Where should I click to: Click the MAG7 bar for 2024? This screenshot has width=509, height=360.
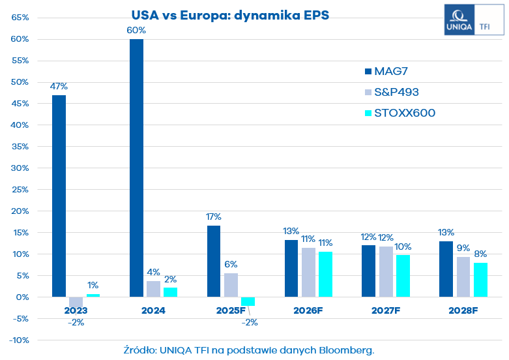tap(136, 168)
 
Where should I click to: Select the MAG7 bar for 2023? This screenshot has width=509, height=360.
tap(59, 196)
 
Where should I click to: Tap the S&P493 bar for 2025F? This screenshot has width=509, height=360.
tap(231, 285)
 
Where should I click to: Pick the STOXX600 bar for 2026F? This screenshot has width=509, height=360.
tap(325, 274)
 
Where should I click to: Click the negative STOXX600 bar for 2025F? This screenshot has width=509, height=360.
tap(248, 301)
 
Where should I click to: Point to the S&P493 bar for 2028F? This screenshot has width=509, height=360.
tap(463, 277)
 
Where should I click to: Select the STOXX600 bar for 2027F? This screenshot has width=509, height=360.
tap(403, 276)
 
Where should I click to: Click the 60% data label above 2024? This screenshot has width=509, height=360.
tap(136, 30)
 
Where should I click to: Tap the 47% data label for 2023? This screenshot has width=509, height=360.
tap(59, 86)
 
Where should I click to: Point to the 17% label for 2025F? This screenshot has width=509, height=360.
tap(214, 217)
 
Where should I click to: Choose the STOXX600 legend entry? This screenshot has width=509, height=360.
tap(405, 113)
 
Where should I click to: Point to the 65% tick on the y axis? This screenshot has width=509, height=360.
tap(20, 18)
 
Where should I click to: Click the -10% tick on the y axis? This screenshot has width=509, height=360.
tap(19, 340)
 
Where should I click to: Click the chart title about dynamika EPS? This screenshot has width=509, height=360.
tap(230, 14)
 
